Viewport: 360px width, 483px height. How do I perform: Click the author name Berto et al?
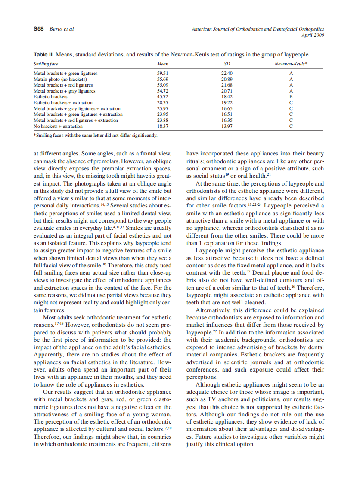(x=62, y=29)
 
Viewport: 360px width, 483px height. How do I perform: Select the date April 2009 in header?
(x=313, y=34)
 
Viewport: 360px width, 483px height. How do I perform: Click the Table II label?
(x=44, y=55)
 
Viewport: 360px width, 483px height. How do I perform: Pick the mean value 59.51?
(x=162, y=73)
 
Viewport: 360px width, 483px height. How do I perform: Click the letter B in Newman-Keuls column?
(x=291, y=97)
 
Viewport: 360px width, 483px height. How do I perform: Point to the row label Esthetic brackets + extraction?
(x=63, y=103)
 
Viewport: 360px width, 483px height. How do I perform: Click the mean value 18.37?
(x=162, y=127)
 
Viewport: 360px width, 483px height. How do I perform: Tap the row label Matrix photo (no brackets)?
(x=60, y=79)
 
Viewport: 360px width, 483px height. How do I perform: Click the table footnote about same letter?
(x=95, y=135)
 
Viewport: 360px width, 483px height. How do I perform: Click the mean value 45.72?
(x=162, y=97)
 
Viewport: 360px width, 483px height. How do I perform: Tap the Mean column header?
(x=162, y=64)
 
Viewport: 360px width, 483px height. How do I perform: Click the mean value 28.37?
(x=162, y=103)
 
